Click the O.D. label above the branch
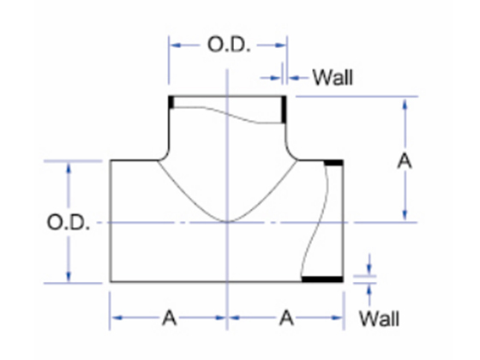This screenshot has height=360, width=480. (x=229, y=45)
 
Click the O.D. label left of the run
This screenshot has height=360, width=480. (x=69, y=222)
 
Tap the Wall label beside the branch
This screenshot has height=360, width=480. (x=333, y=77)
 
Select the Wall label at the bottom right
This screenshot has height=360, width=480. (x=379, y=319)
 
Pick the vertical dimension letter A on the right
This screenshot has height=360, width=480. (x=405, y=160)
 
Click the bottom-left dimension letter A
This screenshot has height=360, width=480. (x=170, y=318)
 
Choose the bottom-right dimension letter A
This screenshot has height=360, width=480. (x=286, y=318)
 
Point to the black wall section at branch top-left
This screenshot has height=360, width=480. (x=171, y=102)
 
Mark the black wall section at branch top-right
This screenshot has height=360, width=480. (x=284, y=110)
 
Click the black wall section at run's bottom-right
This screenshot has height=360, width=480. (x=322, y=279)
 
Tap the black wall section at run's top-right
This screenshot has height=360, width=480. (x=333, y=163)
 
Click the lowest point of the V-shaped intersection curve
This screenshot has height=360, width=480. (x=227, y=221)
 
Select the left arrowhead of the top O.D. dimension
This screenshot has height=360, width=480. (x=176, y=45)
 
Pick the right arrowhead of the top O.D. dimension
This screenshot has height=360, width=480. (x=280, y=45)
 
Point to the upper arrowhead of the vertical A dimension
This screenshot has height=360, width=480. (x=405, y=104)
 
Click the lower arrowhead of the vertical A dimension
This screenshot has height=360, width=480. (x=405, y=215)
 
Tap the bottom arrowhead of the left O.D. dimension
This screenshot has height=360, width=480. (x=69, y=275)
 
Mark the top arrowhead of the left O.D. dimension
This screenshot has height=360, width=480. (x=69, y=169)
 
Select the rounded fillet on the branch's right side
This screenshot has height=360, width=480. (x=291, y=154)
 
